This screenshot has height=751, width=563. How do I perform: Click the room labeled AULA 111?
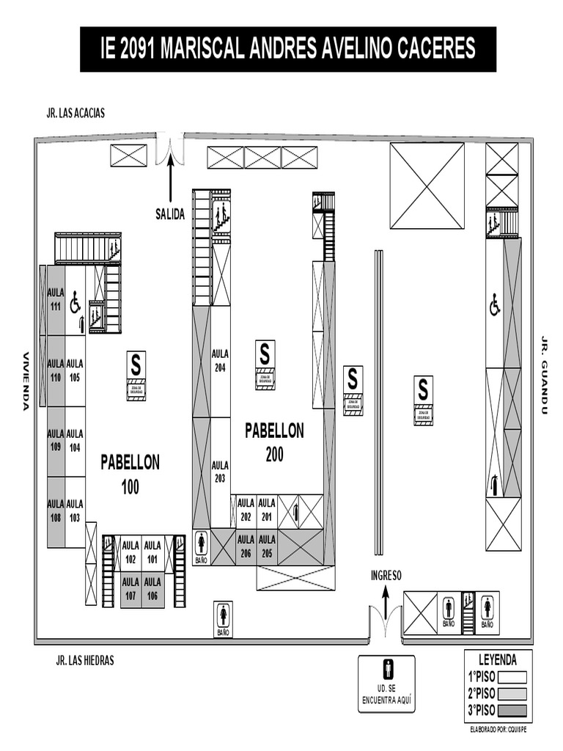coord(56,299)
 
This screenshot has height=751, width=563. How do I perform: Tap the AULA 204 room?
coord(220,360)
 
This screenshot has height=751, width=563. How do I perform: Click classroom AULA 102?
coord(130,552)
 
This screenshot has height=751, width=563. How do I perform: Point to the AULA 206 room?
coord(246,546)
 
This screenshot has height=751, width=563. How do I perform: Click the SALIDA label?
coord(170,214)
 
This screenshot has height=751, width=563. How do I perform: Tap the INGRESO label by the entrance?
coord(386,576)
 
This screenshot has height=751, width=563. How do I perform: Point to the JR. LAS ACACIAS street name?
coord(76,113)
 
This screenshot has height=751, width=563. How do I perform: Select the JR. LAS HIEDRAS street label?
coord(85,660)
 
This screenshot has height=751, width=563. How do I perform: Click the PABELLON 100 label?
coord(130,474)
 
